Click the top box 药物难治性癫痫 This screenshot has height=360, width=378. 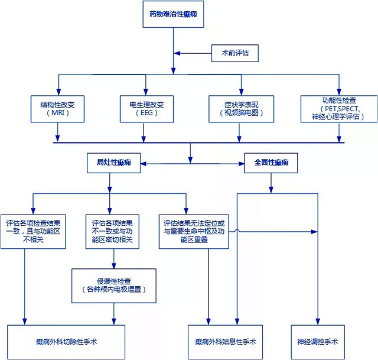tap(174, 15)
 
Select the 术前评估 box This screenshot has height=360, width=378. tap(234, 53)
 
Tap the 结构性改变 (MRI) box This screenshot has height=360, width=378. tap(57, 108)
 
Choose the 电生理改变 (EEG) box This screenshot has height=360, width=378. tap(146, 108)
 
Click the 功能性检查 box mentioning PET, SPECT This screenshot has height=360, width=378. tap(338, 108)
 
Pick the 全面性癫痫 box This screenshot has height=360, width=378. tap(271, 162)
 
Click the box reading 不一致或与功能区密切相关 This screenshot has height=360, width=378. tap(112, 231)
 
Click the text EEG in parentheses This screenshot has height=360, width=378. tap(146, 112)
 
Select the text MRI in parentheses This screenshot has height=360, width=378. tap(57, 112)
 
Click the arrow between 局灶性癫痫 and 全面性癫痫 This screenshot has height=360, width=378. tap(192, 162)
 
